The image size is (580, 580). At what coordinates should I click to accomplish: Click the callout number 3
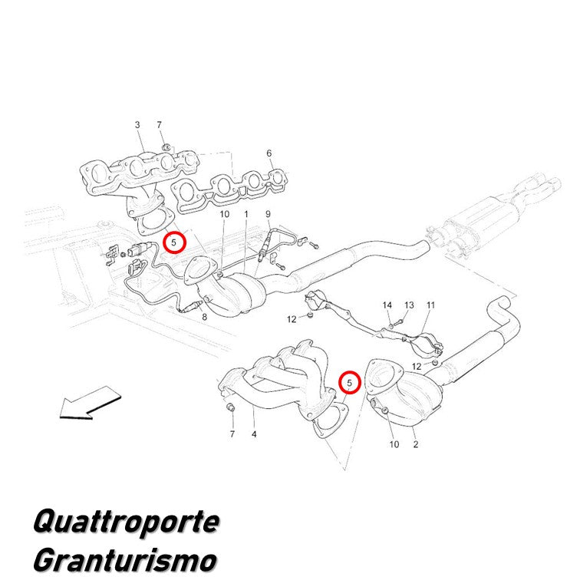click(x=137, y=125)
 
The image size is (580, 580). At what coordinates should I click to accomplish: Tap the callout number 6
click(x=269, y=153)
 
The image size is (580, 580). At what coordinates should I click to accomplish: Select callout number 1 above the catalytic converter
click(x=246, y=214)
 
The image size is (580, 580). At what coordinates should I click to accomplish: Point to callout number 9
click(x=269, y=214)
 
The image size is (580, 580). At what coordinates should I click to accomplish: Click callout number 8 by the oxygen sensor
click(x=205, y=317)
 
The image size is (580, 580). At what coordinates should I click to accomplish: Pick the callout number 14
click(x=387, y=305)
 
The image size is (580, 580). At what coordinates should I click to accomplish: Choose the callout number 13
click(x=409, y=305)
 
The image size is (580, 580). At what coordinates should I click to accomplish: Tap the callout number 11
click(x=430, y=305)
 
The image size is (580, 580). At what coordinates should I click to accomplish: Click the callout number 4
click(x=254, y=434)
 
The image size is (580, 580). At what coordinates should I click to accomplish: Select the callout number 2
click(x=416, y=444)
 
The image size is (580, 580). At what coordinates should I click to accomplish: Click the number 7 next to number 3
click(x=160, y=125)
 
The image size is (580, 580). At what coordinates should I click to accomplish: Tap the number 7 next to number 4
click(x=232, y=434)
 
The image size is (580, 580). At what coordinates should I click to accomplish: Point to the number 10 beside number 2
click(x=394, y=444)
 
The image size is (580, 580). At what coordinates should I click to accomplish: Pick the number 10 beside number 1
click(x=225, y=214)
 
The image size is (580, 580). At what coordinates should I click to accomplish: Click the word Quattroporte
click(x=126, y=522)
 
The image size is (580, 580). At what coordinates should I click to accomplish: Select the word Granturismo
click(x=125, y=560)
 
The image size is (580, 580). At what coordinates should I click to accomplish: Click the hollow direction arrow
click(x=91, y=404)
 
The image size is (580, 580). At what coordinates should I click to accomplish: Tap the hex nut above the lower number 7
click(x=229, y=407)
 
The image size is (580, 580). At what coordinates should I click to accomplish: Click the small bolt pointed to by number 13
click(x=397, y=322)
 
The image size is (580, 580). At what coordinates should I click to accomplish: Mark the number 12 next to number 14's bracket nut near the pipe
click(x=292, y=319)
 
